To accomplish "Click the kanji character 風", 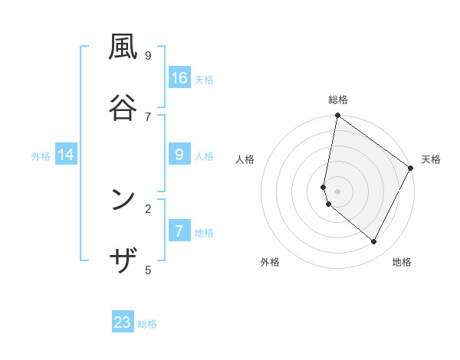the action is pyautogui.click(x=123, y=47).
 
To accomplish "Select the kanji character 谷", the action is pyautogui.click(x=123, y=107).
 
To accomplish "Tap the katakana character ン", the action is pyautogui.click(x=123, y=200).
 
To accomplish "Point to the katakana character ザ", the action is pyautogui.click(x=123, y=261).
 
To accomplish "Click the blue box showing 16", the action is pyautogui.click(x=179, y=77).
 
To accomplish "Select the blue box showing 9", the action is pyautogui.click(x=179, y=155).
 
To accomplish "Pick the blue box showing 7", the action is pyautogui.click(x=179, y=231).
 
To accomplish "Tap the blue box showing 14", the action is pyautogui.click(x=66, y=155).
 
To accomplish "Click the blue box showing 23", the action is pyautogui.click(x=123, y=322).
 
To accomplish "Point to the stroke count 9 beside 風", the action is pyautogui.click(x=148, y=55).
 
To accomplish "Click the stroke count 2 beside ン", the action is pyautogui.click(x=148, y=208).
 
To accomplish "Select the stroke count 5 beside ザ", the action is pyautogui.click(x=148, y=270).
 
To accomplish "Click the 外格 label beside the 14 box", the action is pyautogui.click(x=41, y=155).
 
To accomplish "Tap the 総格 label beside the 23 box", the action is pyautogui.click(x=147, y=324).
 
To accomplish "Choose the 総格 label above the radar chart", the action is pyautogui.click(x=338, y=100).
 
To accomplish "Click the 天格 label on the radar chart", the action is pyautogui.click(x=431, y=159).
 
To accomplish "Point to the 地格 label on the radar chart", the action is pyautogui.click(x=402, y=262).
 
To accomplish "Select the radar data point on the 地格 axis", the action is pyautogui.click(x=374, y=242).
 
